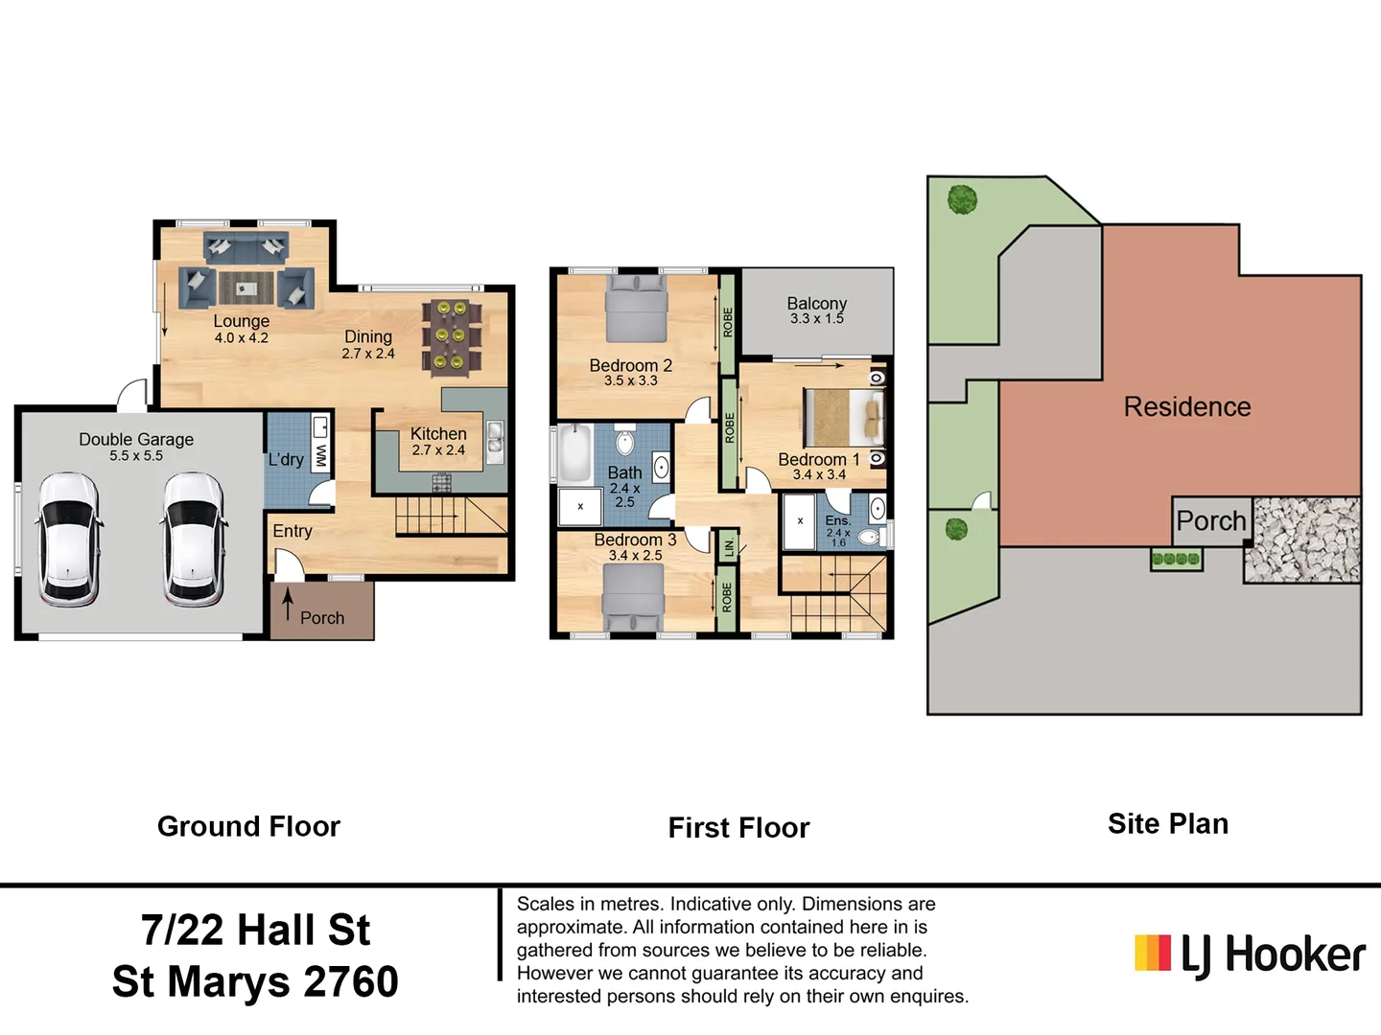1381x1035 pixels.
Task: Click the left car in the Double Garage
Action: tap(68, 540)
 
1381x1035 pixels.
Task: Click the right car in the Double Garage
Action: tap(194, 540)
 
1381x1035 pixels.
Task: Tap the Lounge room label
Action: tap(241, 322)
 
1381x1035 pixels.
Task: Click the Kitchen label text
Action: tap(438, 434)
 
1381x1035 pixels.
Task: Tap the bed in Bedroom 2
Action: tap(636, 307)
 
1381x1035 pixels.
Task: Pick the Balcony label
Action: tap(816, 304)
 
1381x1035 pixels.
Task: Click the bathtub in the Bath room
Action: tap(574, 454)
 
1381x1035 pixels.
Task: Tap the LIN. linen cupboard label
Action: tap(729, 547)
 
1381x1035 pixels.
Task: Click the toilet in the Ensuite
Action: tap(869, 537)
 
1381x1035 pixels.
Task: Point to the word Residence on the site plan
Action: tap(1186, 407)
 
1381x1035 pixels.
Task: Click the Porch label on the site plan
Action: tap(1210, 521)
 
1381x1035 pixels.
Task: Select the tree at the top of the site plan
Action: tap(962, 199)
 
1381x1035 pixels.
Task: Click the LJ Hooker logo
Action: tap(1250, 954)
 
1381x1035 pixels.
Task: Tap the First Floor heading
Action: tap(738, 828)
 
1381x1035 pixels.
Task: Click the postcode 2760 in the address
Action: tap(350, 982)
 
